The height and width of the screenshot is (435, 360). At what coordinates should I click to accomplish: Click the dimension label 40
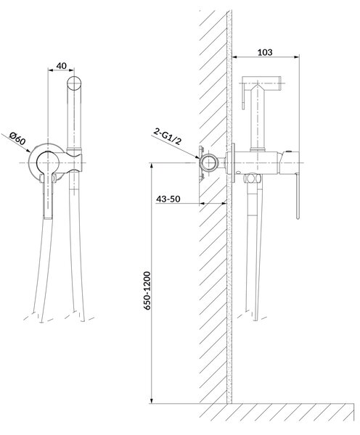(x=62, y=66)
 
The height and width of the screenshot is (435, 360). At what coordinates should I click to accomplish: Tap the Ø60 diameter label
(x=17, y=138)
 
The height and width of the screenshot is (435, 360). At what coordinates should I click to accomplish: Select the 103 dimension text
(x=265, y=52)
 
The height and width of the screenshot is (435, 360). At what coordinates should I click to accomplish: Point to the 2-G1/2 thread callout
(x=168, y=136)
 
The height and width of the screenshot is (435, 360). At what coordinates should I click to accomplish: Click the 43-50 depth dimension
(x=168, y=199)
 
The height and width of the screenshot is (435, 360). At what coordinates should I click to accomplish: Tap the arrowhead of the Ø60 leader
(x=28, y=151)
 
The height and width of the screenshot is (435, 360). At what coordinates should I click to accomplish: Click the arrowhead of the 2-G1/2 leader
(x=197, y=157)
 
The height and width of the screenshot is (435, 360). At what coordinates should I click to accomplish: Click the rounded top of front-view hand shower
(x=75, y=83)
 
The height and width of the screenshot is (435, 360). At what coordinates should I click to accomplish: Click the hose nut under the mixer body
(x=253, y=178)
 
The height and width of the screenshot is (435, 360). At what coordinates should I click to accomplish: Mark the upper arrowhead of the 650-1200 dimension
(x=151, y=165)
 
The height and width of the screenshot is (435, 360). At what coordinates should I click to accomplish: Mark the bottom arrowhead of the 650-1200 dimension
(x=151, y=401)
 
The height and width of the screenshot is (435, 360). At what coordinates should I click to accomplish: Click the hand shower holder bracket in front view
(x=74, y=162)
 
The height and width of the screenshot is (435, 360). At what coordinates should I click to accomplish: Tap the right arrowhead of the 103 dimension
(x=297, y=57)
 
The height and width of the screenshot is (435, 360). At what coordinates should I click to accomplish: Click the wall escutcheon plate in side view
(x=233, y=162)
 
